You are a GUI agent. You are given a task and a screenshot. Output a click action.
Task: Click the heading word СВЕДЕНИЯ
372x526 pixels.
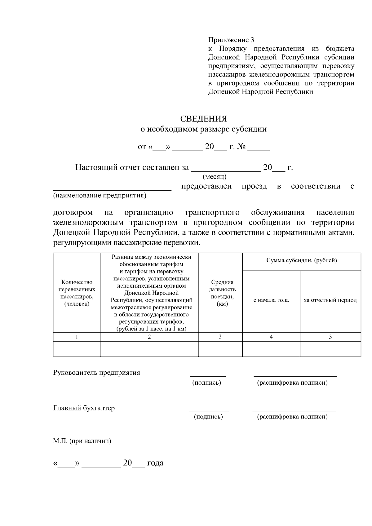(x=204, y=119)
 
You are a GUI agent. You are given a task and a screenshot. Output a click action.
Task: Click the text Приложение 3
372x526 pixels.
(x=231, y=40)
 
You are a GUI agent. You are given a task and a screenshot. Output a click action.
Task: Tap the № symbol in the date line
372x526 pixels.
(x=241, y=147)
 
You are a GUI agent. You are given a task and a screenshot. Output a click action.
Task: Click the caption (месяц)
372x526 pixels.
(x=215, y=177)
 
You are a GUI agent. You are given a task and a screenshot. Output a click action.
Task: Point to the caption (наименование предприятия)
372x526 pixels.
(x=100, y=196)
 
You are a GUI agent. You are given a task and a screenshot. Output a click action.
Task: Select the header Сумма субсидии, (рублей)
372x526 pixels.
(x=301, y=260)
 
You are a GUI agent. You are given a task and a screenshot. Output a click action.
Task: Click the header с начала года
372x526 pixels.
(x=271, y=300)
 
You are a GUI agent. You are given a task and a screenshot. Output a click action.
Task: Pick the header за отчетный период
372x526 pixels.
(x=330, y=300)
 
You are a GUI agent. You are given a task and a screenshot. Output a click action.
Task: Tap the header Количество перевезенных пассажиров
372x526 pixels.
(x=77, y=293)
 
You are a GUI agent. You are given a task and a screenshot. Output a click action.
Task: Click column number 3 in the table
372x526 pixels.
(x=220, y=337)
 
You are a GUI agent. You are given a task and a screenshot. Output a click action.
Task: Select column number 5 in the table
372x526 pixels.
(x=330, y=337)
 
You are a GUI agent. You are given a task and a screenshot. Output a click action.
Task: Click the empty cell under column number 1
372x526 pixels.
(x=77, y=349)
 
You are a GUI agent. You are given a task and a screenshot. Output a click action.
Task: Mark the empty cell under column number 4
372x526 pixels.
(x=271, y=349)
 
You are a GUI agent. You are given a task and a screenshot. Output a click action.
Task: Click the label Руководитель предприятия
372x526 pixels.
(x=96, y=373)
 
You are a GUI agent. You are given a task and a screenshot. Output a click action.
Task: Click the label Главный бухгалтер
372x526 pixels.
(x=84, y=408)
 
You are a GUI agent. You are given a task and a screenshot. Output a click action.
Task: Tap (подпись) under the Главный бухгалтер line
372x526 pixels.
(x=208, y=417)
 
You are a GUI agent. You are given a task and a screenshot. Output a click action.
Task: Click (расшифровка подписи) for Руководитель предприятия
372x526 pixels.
(x=292, y=382)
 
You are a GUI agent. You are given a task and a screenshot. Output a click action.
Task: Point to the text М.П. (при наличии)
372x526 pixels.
(x=82, y=441)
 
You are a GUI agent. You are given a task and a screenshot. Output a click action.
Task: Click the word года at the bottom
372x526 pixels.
(x=155, y=463)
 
